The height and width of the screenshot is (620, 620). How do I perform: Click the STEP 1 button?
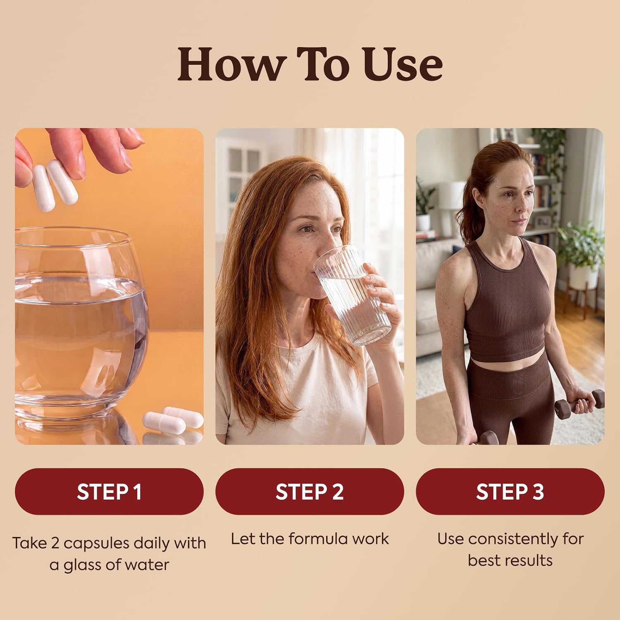(x=109, y=491)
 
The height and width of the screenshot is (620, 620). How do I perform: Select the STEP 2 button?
(x=310, y=491)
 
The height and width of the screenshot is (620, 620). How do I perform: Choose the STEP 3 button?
(x=510, y=491)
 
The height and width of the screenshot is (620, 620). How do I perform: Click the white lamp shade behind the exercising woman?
(x=453, y=194)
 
